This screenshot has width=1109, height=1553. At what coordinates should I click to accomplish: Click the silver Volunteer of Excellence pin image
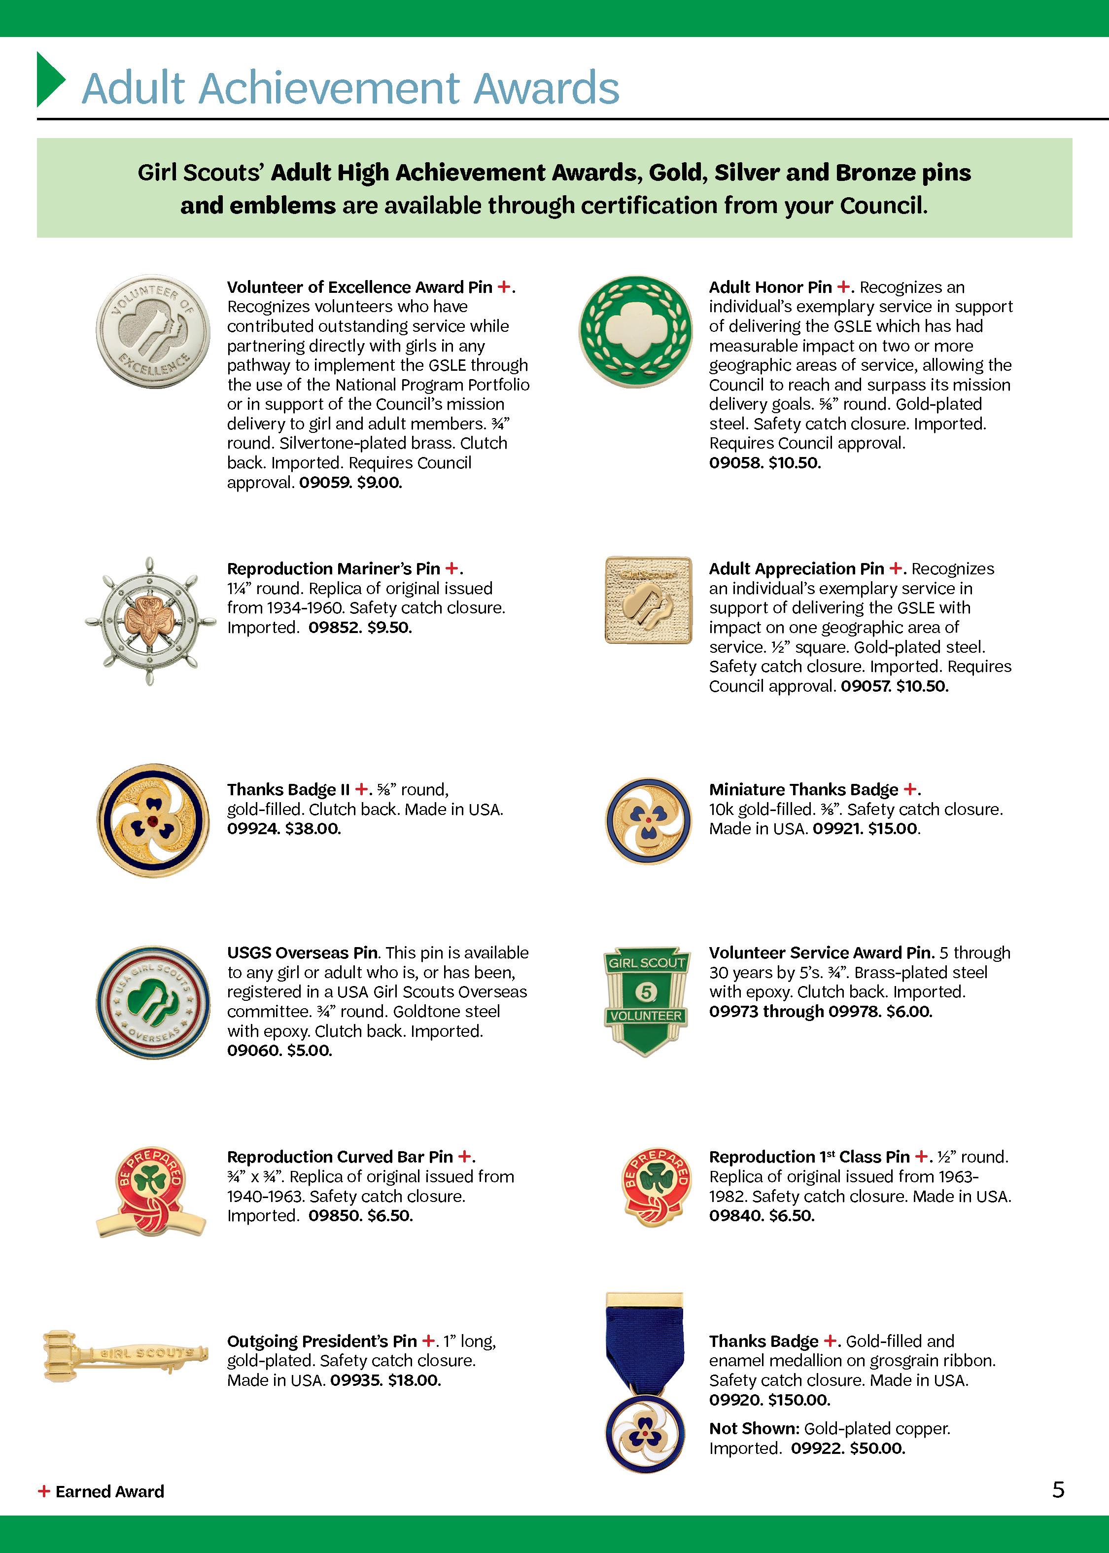(x=153, y=332)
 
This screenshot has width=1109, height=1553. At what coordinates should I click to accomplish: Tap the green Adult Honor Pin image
(x=635, y=332)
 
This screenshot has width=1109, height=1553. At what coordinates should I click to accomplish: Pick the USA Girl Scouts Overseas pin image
(x=153, y=1003)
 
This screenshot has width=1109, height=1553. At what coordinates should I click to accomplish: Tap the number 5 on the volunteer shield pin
(x=645, y=991)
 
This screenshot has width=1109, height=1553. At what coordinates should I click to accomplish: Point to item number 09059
(x=324, y=482)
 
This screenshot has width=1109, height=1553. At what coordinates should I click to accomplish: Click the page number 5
(x=1058, y=1489)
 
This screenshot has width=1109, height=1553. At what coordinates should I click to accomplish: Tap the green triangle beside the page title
(x=50, y=80)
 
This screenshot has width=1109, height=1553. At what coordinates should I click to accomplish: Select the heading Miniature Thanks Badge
(x=803, y=789)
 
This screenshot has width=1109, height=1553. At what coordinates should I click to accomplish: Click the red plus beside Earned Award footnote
(x=44, y=1491)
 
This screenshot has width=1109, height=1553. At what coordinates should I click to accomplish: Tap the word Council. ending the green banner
(x=884, y=206)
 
